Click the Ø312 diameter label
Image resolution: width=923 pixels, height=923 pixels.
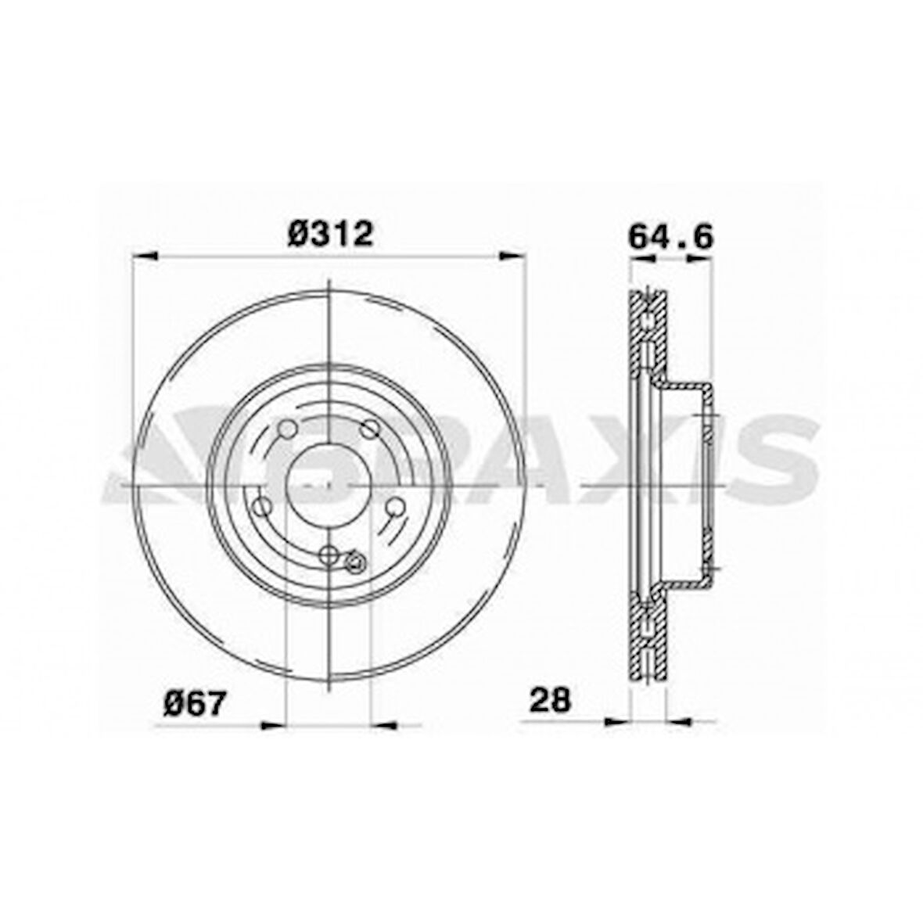pyautogui.click(x=330, y=232)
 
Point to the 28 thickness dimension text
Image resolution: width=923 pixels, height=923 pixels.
pyautogui.click(x=551, y=699)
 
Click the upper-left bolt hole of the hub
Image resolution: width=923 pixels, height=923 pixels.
pyautogui.click(x=287, y=429)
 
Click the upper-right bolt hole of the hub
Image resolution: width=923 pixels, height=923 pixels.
pyautogui.click(x=370, y=429)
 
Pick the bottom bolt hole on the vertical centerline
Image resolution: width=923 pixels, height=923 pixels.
pyautogui.click(x=329, y=555)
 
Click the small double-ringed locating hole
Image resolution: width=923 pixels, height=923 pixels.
pyautogui.click(x=354, y=561)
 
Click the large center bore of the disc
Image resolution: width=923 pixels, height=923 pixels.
pyautogui.click(x=329, y=485)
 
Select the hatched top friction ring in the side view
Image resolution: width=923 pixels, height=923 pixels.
pyautogui.click(x=648, y=329)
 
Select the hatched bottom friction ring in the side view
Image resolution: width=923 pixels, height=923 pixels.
pyautogui.click(x=648, y=641)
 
